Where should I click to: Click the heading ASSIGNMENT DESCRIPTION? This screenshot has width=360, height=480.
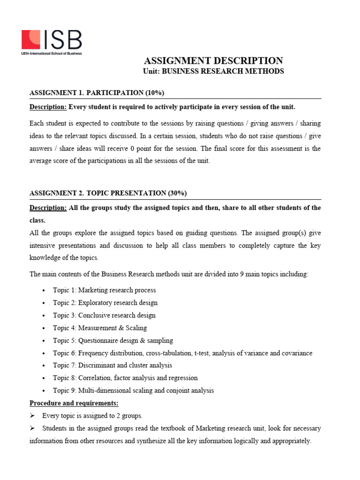tap(213, 60)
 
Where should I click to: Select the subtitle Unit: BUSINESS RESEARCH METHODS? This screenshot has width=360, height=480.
tap(213, 71)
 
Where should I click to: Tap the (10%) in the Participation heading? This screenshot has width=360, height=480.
tap(155, 92)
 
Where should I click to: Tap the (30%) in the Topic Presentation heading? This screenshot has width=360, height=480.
tap(179, 193)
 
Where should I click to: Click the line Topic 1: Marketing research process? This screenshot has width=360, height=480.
tap(104, 290)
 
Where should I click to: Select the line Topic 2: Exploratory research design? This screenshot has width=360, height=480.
tap(105, 303)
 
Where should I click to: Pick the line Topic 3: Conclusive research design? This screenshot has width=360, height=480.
tap(104, 315)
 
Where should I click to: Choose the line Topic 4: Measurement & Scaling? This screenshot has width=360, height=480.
tap(99, 328)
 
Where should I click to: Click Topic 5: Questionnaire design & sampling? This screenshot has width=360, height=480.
tap(112, 340)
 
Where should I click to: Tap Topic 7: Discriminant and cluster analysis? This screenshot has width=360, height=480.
tap(112, 365)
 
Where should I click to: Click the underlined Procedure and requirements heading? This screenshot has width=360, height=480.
tap(74, 403)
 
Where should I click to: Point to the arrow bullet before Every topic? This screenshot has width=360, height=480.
tap(32, 416)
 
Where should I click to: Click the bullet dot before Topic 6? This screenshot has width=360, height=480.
tap(44, 353)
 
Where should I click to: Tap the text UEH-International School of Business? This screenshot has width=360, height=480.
tap(52, 53)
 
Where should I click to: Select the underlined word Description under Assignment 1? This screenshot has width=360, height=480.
tap(48, 107)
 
